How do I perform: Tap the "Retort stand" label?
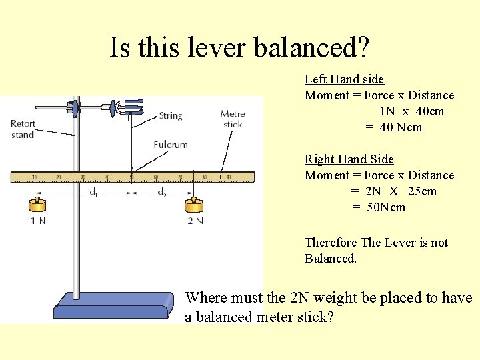[23, 129]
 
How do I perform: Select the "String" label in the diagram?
[171, 116]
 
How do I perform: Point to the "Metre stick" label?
[233, 119]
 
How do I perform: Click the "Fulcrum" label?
[171, 145]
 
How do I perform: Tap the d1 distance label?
[95, 193]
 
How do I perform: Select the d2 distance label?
[162, 193]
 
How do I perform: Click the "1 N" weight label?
[38, 221]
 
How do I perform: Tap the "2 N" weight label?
[195, 221]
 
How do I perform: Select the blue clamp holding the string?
[132, 106]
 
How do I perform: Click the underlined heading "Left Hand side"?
[344, 79]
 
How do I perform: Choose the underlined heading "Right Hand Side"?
[349, 159]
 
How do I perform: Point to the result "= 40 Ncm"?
[393, 127]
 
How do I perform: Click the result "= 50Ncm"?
[379, 207]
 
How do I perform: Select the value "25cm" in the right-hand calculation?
[421, 191]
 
